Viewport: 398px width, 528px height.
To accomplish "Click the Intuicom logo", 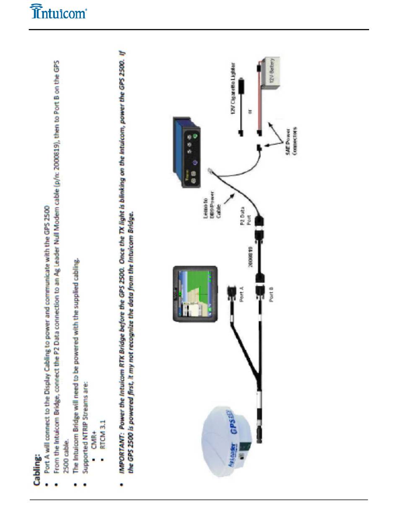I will [58, 11].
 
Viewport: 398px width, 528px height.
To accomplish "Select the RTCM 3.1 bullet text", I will [103, 449].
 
